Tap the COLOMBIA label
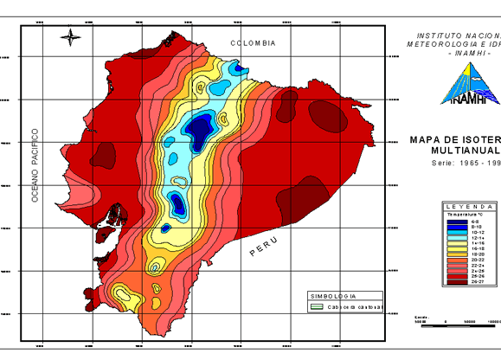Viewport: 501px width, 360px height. pos(253,43)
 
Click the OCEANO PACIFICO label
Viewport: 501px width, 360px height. pos(35,165)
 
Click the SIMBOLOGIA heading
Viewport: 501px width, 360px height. pos(334,295)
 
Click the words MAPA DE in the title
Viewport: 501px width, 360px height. pos(433,138)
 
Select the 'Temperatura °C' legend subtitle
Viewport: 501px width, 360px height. pos(468,215)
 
